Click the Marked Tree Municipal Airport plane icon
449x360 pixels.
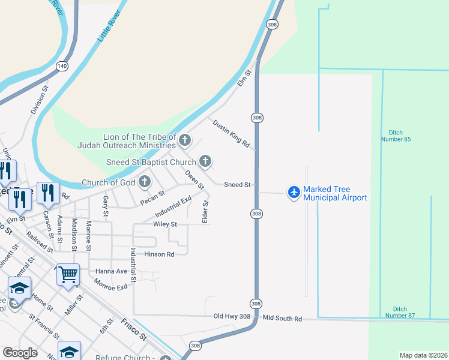point(294,192)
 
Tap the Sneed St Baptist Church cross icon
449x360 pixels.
point(205,161)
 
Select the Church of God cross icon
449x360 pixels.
point(145,181)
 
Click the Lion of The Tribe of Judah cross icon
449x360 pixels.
point(185,141)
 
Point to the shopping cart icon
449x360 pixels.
point(68,275)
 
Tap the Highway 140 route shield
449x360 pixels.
point(61,65)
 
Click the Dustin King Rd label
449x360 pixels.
point(231,133)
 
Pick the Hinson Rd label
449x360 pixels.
point(159,254)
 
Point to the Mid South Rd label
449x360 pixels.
point(282,319)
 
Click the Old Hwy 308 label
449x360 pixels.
point(231,316)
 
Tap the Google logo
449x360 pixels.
point(20,353)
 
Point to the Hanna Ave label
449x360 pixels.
point(112,271)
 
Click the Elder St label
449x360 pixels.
point(205,212)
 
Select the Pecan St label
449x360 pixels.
point(152,198)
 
